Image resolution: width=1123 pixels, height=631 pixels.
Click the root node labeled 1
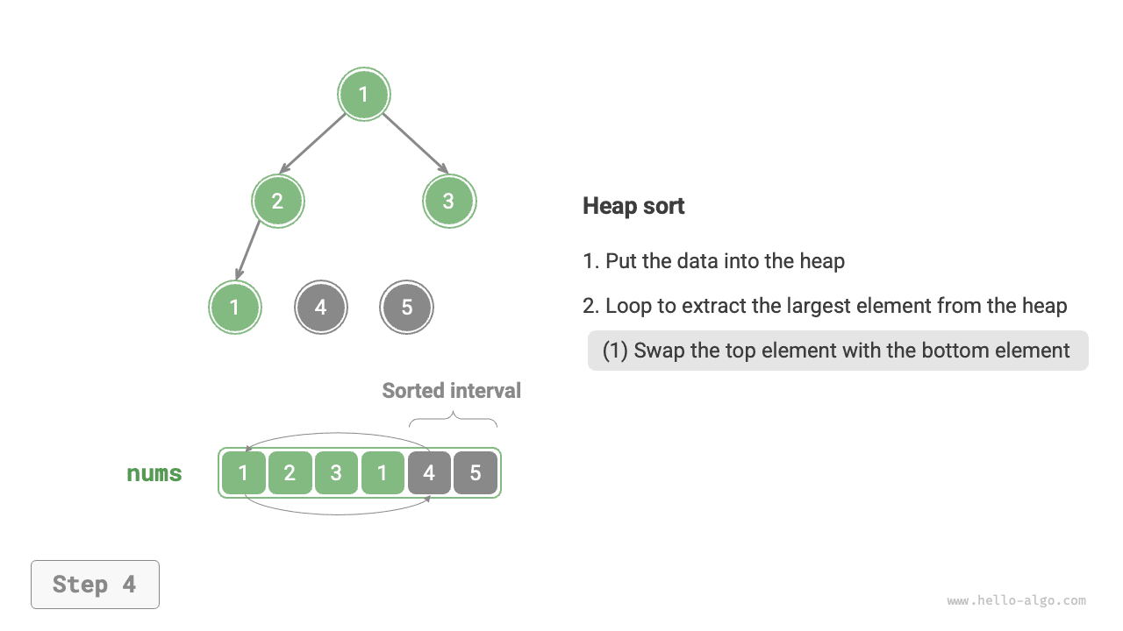(364, 95)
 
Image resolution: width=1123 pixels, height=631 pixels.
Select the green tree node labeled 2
(277, 201)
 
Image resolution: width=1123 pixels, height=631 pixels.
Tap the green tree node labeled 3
(448, 201)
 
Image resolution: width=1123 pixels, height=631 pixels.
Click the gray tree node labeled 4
(320, 308)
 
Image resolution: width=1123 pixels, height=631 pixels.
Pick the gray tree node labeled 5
(406, 308)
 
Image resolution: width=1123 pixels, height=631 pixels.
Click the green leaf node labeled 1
(234, 308)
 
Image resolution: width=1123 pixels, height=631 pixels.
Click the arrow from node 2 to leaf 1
(248, 250)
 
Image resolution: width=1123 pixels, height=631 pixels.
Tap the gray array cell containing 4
(429, 473)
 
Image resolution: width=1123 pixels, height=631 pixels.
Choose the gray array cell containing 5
(476, 473)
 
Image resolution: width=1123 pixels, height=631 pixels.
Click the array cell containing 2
(290, 473)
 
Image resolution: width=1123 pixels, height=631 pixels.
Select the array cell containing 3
(336, 473)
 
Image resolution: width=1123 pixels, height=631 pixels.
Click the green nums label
(154, 474)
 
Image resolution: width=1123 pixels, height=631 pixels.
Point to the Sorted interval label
(451, 391)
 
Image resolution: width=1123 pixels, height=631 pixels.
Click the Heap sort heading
(633, 206)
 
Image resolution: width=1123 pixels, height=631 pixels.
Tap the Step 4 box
(95, 585)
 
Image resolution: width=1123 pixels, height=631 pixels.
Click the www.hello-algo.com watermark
(1016, 601)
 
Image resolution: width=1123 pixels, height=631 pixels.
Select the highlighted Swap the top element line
(837, 351)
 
